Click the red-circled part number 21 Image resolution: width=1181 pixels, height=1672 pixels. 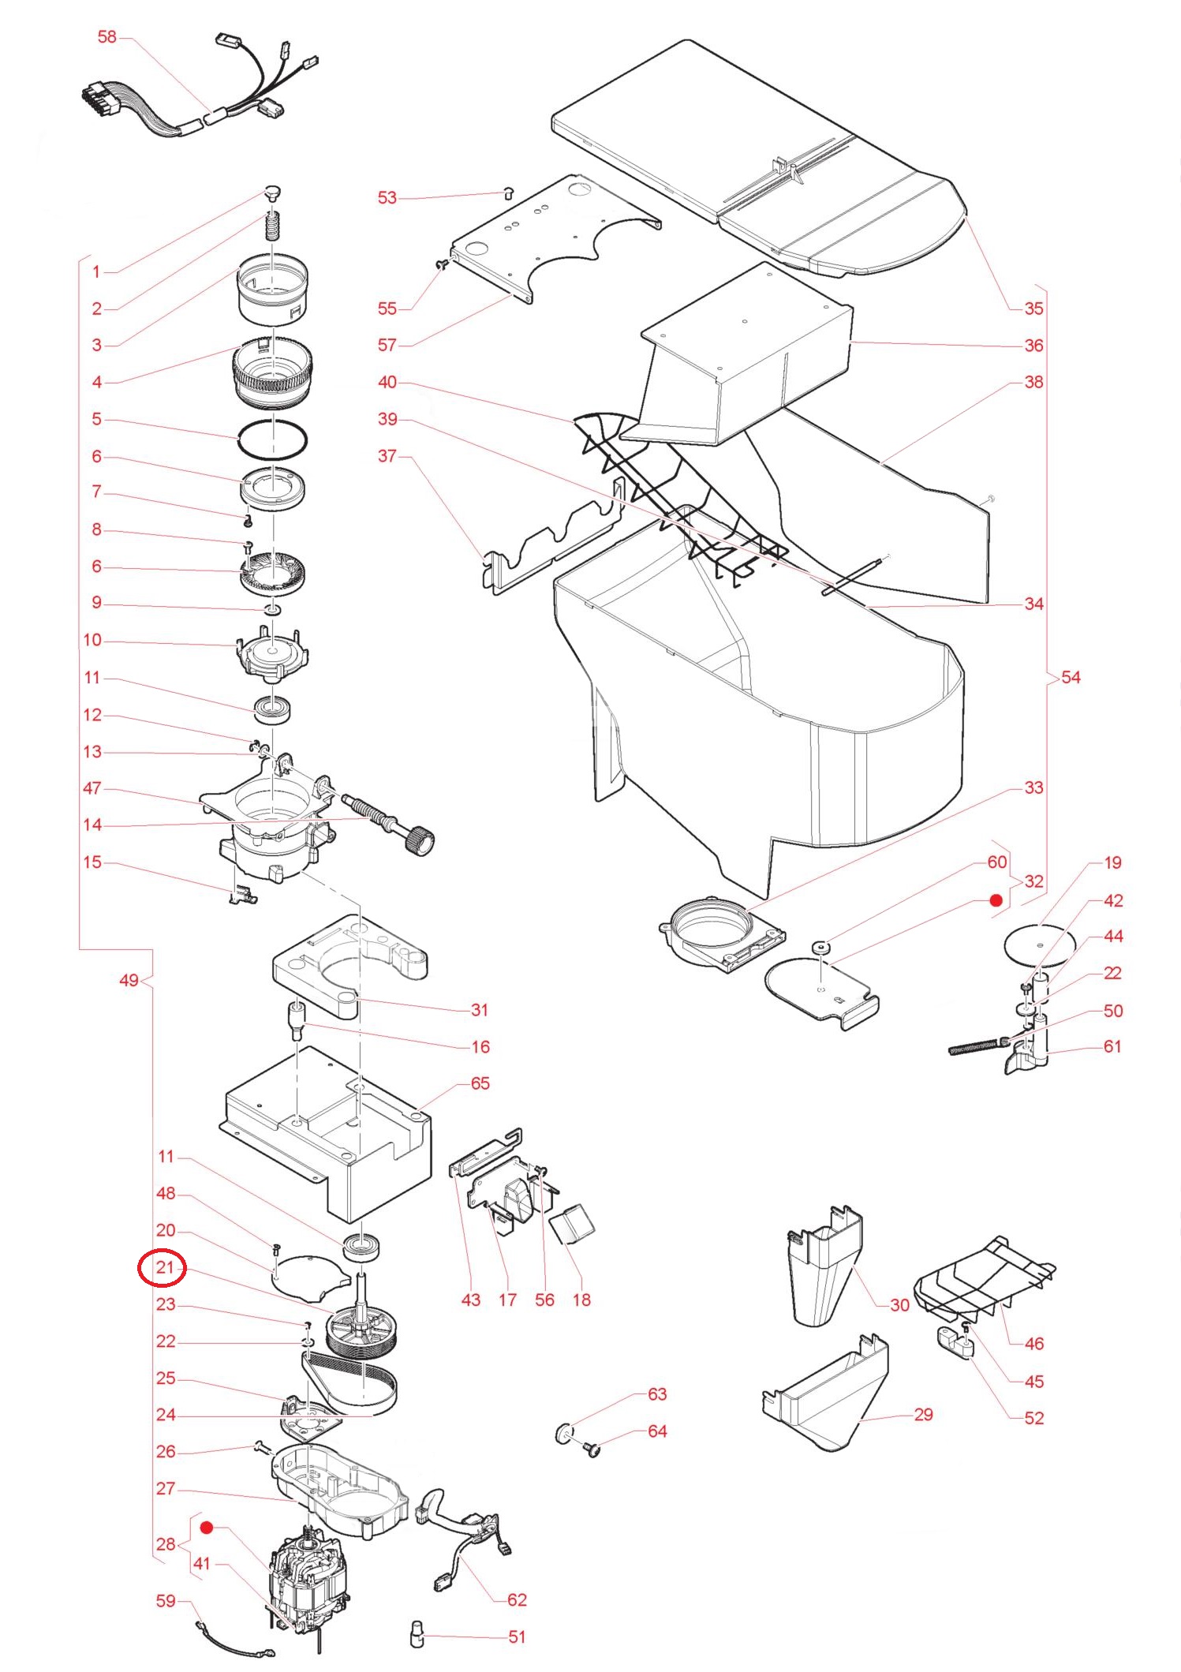pos(163,1267)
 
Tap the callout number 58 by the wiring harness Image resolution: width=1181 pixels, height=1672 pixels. pos(107,36)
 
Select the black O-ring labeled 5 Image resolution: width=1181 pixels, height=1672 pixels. pos(272,439)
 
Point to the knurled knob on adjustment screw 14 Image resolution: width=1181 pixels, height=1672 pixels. pos(419,841)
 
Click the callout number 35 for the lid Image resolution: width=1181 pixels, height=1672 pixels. pos(1033,308)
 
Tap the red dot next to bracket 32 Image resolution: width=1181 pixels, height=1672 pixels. pos(996,900)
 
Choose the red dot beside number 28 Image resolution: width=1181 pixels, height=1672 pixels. pos(207,1528)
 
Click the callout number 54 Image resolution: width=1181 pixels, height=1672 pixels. pos(1071,677)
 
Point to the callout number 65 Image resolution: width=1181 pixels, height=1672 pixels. pos(480,1083)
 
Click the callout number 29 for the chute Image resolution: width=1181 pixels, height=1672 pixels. pos(923,1414)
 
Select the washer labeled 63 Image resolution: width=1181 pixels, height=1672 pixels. pos(564,1433)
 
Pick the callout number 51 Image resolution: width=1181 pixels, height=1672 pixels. pos(517,1636)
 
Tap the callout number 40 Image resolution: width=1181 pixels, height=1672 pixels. pos(387,382)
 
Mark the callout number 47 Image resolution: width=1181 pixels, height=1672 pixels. pos(92,787)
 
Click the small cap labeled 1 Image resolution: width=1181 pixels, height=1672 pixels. pos(272,192)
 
